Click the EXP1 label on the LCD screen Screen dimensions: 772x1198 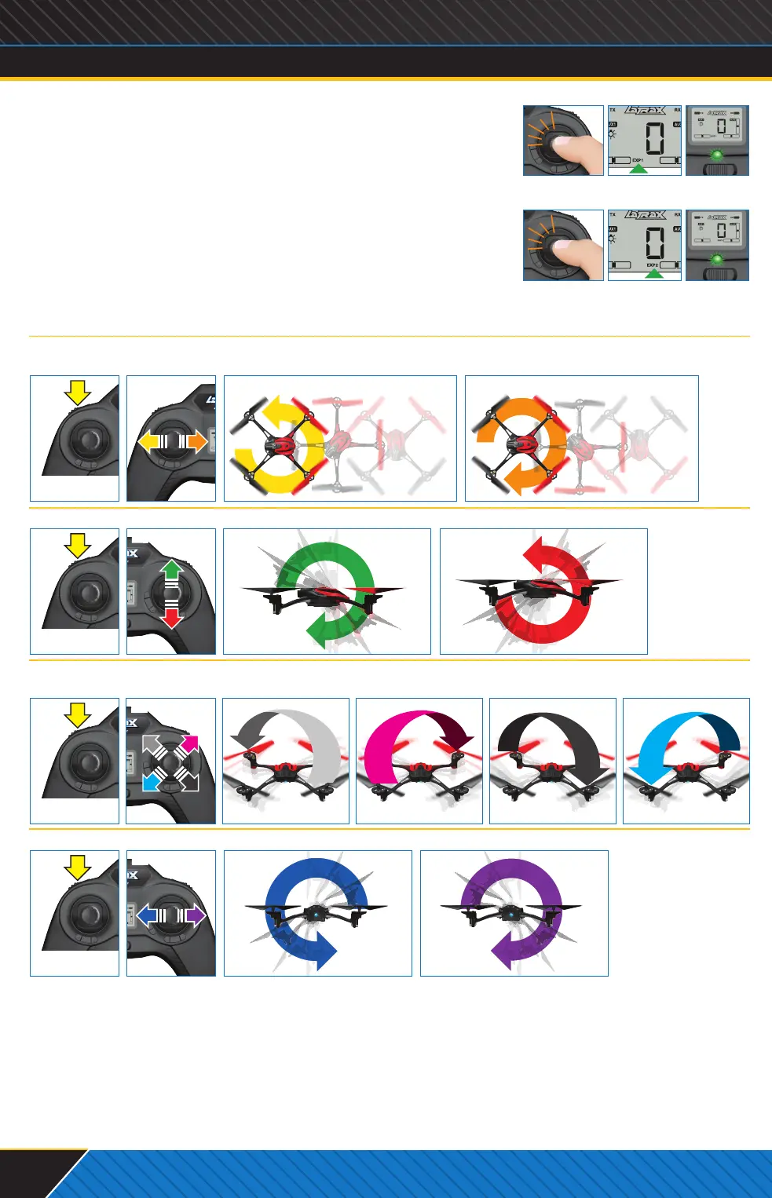tap(638, 160)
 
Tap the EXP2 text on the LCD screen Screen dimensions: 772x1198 tap(652, 265)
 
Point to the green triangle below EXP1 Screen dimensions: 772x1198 tap(638, 169)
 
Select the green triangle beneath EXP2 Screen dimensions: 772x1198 tap(653, 274)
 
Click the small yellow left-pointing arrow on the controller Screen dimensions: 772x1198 tap(148, 442)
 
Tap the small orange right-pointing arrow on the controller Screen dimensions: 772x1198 tap(197, 442)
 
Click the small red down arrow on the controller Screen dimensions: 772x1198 tap(171, 619)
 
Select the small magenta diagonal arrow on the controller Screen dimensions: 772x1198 tap(190, 743)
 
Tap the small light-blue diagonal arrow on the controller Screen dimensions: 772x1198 tap(151, 782)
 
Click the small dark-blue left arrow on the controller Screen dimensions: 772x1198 tap(148, 915)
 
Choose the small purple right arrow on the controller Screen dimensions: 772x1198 tap(196, 915)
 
